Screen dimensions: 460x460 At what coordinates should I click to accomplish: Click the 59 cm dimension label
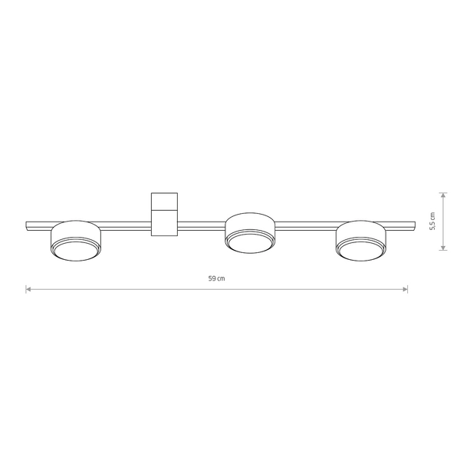coord(216,278)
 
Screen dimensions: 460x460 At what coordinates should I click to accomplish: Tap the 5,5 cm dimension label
coord(432,221)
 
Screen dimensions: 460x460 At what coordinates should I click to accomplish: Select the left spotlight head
coord(76,241)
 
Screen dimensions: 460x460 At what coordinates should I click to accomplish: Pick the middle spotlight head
coord(250,233)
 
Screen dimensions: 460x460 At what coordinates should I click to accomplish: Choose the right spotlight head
coord(361,241)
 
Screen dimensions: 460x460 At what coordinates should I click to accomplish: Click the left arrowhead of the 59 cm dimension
coord(28,289)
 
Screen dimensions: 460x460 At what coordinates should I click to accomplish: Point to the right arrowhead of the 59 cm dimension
coord(405,289)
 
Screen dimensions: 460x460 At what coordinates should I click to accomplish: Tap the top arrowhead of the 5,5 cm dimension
coord(443,195)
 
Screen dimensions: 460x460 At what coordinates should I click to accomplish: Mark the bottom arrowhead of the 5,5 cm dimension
coord(443,248)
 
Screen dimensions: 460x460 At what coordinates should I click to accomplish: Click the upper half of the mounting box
coord(164,201)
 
